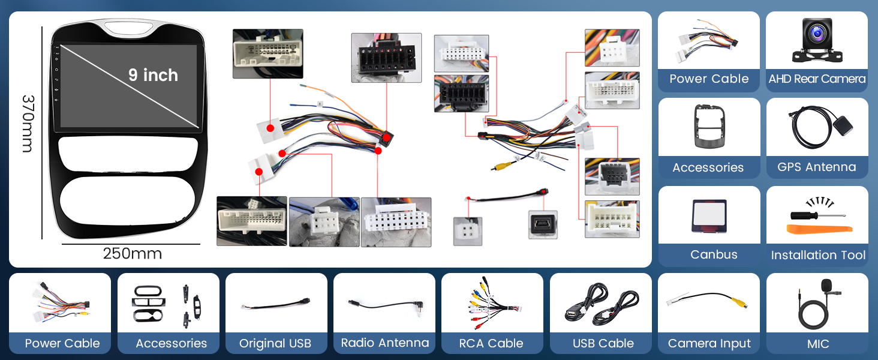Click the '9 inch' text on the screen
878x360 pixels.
tap(154, 75)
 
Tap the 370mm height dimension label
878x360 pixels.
tap(28, 124)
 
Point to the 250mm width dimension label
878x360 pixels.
tap(132, 254)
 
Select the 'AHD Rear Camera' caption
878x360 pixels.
tap(817, 79)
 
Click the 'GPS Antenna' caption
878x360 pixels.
tap(817, 167)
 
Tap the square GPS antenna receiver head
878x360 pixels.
tap(843, 126)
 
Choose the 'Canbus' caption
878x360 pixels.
tap(714, 254)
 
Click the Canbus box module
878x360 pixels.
tap(709, 216)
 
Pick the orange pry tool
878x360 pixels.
tap(819, 229)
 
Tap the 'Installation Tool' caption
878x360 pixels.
tap(818, 255)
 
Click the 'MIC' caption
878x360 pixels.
tap(818, 344)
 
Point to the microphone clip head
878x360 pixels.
tap(826, 286)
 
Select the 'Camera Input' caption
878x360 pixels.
tap(709, 344)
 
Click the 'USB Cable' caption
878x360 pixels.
tap(603, 344)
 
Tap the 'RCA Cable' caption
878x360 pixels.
tap(491, 344)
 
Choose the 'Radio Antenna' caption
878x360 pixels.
tap(385, 343)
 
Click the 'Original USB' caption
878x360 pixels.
tap(275, 344)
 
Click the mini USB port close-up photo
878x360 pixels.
tap(543, 225)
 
